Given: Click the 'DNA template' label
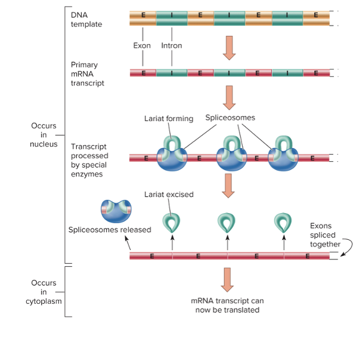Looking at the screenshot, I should pyautogui.click(x=86, y=19).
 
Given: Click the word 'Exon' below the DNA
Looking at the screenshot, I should pyautogui.click(x=142, y=45).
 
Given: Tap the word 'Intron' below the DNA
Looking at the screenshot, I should pyautogui.click(x=172, y=45).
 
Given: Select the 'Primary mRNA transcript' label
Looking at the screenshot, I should pyautogui.click(x=87, y=73).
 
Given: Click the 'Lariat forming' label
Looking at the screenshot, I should pyautogui.click(x=169, y=118).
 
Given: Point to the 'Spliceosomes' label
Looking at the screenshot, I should pyautogui.click(x=230, y=118).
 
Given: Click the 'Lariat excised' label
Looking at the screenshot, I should pyautogui.click(x=169, y=195).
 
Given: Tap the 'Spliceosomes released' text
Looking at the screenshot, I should pyautogui.click(x=110, y=230).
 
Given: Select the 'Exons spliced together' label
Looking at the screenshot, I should pyautogui.click(x=325, y=235).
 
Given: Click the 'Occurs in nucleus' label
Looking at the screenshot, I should pyautogui.click(x=44, y=135).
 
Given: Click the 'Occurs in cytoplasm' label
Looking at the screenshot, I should pyautogui.click(x=44, y=292).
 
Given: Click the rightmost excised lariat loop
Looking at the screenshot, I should pyautogui.click(x=283, y=222).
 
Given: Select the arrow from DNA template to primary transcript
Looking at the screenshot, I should pyautogui.click(x=229, y=48).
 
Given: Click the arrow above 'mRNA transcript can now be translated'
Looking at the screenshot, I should pyautogui.click(x=227, y=279).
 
